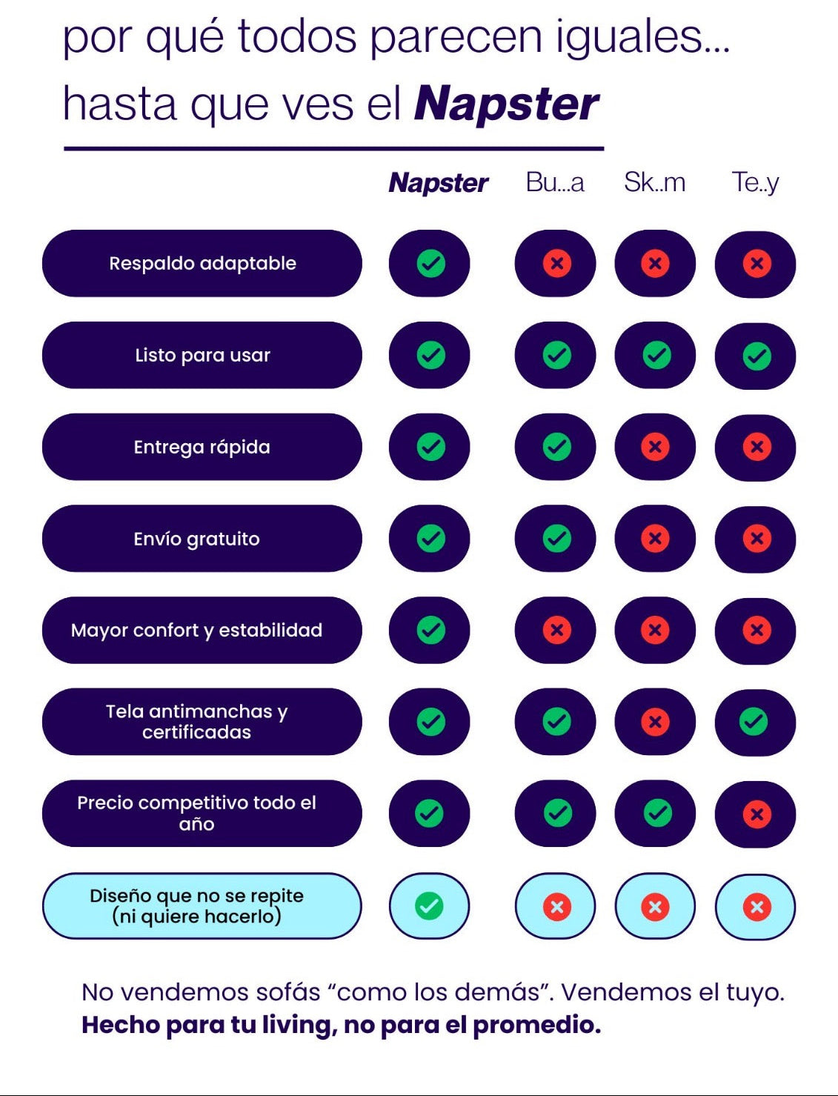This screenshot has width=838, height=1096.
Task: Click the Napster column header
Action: [x=438, y=182]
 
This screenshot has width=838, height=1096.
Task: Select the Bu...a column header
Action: [x=554, y=182]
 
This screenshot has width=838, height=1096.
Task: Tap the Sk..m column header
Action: [x=654, y=182]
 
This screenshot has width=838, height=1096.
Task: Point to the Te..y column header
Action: [x=755, y=182]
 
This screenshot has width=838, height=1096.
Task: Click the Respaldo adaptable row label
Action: [x=202, y=263]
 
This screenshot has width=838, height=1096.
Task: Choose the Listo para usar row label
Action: [x=202, y=355]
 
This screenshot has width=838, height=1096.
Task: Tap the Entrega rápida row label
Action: [x=202, y=447]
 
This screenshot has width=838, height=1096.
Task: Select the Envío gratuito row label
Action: [x=202, y=539]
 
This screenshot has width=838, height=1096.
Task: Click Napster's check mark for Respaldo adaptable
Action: [x=430, y=263]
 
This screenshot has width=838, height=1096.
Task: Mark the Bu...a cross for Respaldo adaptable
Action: [x=556, y=263]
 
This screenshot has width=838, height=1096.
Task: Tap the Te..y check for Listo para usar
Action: [x=756, y=356]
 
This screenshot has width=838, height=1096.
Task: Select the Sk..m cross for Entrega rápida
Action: [x=655, y=447]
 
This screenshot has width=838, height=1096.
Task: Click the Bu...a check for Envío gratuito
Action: [x=556, y=539]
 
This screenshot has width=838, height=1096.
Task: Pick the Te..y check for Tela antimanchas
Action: [x=754, y=721]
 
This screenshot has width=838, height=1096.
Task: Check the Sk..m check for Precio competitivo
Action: [x=656, y=813]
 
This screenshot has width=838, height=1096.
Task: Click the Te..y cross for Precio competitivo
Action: [x=756, y=814]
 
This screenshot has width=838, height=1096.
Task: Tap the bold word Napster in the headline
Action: [x=506, y=104]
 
